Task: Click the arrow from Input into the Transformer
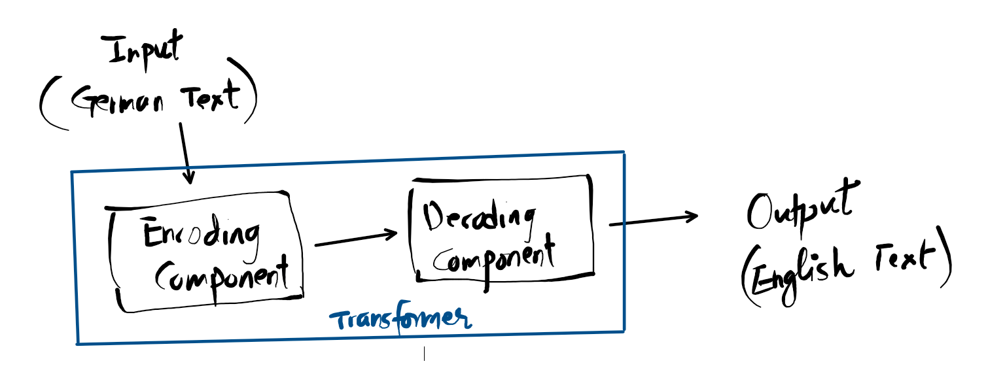tap(185, 153)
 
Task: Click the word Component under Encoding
tap(221, 275)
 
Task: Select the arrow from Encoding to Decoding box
tap(355, 239)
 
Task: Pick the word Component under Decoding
tap(495, 258)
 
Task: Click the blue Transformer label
tap(400, 320)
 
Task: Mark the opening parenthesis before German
tap(47, 105)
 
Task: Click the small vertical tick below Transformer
tap(424, 354)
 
